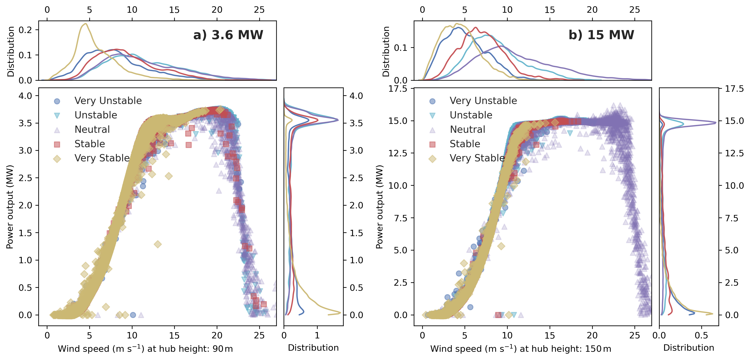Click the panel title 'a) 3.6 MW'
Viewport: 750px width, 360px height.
[228, 35]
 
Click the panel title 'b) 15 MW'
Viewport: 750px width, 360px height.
[601, 35]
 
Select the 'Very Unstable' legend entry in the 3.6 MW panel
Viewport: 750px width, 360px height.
[108, 101]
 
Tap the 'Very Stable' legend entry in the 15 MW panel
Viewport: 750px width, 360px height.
[477, 158]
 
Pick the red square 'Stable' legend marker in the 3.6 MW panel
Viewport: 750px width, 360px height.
[57, 144]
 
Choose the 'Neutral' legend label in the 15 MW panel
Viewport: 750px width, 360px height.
[467, 129]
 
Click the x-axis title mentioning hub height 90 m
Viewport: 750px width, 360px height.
[145, 348]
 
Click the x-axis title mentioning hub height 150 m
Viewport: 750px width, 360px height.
[521, 348]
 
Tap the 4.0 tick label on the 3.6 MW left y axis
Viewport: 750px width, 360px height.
[25, 96]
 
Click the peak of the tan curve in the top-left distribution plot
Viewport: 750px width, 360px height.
[85, 24]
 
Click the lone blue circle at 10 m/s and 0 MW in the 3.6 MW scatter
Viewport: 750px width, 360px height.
[133, 315]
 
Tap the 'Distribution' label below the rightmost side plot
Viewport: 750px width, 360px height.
[689, 348]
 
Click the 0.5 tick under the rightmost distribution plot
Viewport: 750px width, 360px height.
[701, 335]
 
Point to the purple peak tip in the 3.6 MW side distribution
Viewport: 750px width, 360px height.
[338, 120]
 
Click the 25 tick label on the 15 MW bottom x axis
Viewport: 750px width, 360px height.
[635, 335]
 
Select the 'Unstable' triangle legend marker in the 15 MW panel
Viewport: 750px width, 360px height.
[432, 115]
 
